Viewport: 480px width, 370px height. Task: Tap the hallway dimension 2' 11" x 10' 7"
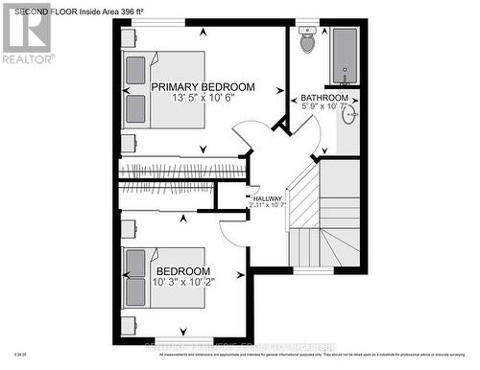point(268,205)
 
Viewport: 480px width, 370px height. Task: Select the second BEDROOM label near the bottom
point(178,271)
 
